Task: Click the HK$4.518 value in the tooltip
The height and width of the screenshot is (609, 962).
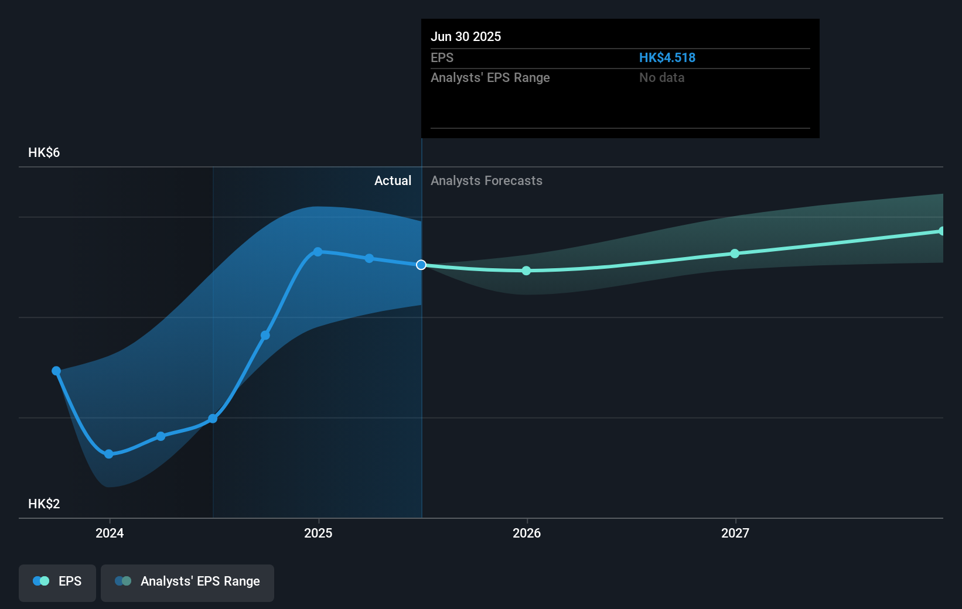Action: coord(667,57)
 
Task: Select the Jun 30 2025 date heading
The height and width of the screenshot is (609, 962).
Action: coord(466,36)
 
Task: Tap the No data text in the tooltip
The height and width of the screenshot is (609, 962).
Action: coord(661,77)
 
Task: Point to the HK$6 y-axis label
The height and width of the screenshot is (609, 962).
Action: coord(44,152)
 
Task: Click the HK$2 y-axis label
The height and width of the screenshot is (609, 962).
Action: coord(44,504)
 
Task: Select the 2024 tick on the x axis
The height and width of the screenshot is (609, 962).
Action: coord(110,533)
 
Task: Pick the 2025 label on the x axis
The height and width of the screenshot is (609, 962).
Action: coord(318,533)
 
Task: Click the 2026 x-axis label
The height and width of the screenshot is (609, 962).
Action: coord(527,533)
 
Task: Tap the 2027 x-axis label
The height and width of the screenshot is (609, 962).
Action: coord(735,533)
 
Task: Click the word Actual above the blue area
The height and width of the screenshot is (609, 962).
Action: coord(393,180)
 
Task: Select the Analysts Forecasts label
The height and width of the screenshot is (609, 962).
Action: coord(486,180)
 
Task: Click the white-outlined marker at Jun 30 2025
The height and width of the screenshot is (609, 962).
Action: coord(421,265)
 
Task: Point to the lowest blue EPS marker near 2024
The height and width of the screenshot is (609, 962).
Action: coord(108,454)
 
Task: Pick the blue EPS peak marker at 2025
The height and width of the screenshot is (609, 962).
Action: coord(318,252)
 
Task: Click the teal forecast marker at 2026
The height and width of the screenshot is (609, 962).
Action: coord(526,271)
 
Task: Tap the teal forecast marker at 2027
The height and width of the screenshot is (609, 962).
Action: coord(735,254)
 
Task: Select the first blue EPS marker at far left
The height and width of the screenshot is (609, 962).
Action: coord(56,371)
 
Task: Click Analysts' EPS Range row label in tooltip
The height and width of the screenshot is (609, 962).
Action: coord(490,77)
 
